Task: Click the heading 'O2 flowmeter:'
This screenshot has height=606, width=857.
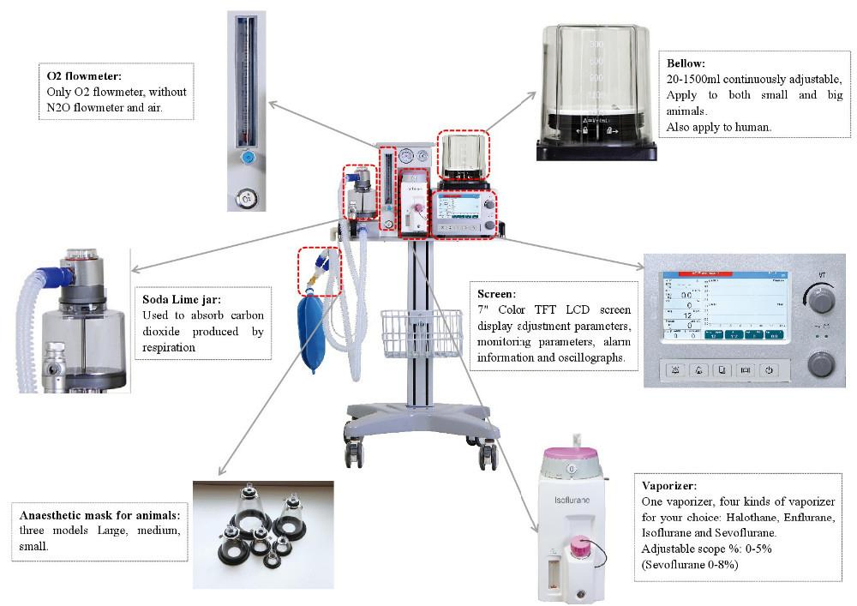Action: [x=85, y=76]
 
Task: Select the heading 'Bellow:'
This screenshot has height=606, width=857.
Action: [x=686, y=63]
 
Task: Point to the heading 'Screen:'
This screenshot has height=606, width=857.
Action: [x=496, y=293]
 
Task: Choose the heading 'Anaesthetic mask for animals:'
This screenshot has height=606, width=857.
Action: [x=99, y=515]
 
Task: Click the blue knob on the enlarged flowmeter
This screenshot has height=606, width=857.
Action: [x=248, y=158]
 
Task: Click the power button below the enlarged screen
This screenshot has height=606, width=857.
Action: [x=769, y=370]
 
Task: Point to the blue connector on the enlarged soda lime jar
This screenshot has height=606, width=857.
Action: [x=63, y=274]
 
